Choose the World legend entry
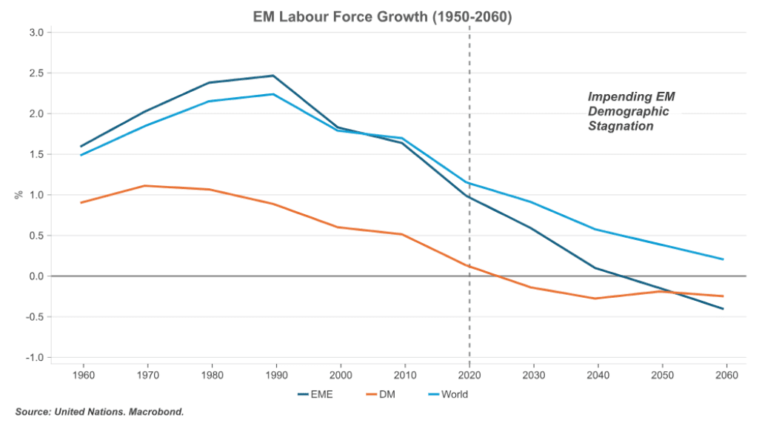[454, 394]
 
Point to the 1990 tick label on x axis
[275, 374]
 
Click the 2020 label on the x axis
[469, 374]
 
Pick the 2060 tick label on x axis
[726, 374]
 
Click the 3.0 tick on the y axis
[36, 33]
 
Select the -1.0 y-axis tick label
[35, 358]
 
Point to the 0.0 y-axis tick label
[36, 276]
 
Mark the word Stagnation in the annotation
[621, 126]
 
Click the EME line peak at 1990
[274, 76]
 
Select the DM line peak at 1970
[146, 186]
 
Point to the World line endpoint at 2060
[723, 259]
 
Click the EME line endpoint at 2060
[723, 309]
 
